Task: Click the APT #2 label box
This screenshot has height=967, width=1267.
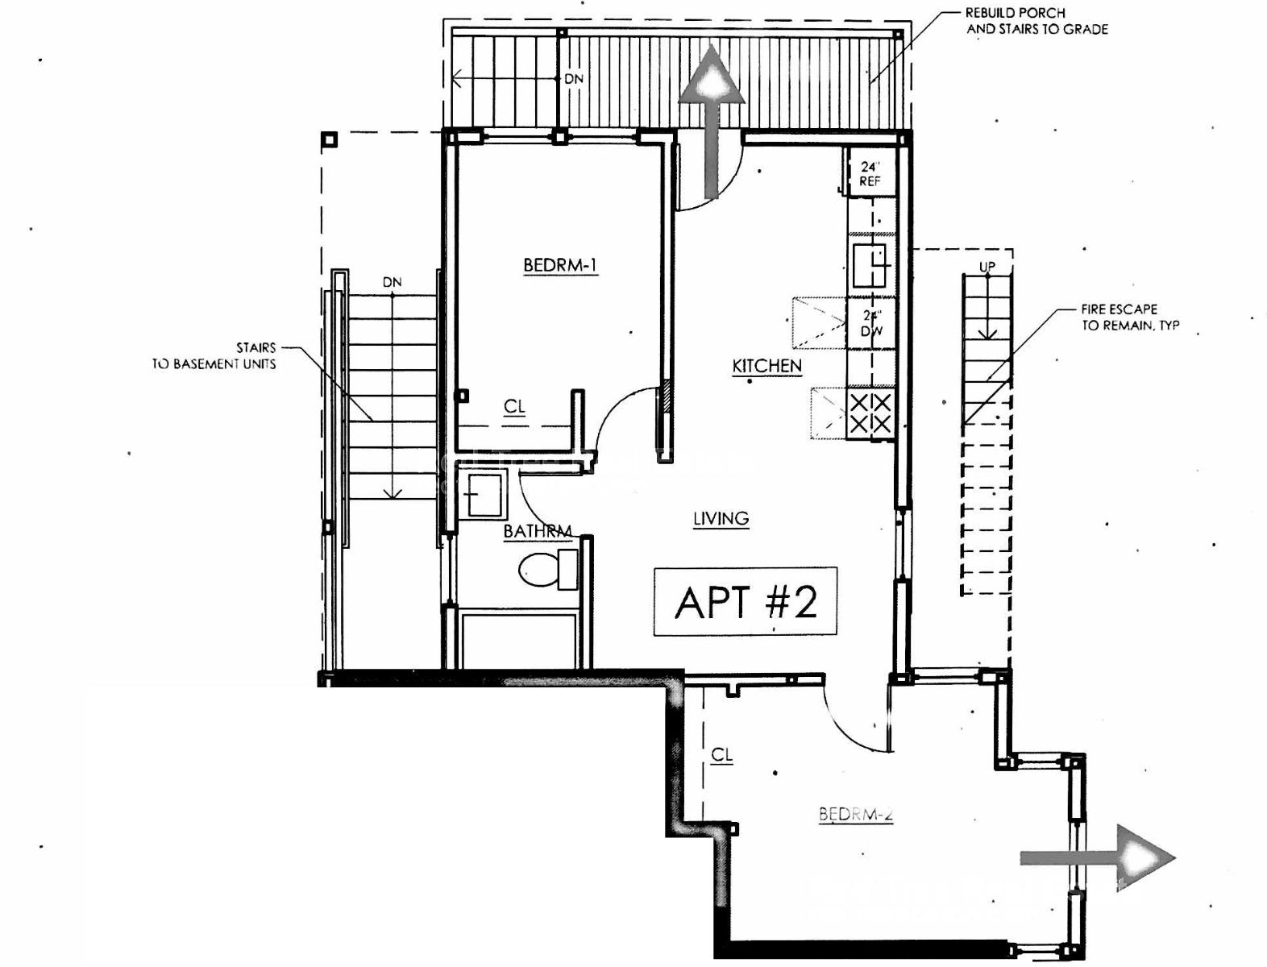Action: [745, 602]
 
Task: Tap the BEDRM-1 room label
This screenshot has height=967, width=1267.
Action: [560, 265]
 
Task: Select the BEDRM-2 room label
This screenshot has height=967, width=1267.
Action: [856, 814]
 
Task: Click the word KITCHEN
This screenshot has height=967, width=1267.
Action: [766, 366]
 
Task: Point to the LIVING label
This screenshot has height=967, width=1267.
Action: [721, 518]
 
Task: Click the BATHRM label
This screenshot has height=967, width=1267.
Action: [537, 532]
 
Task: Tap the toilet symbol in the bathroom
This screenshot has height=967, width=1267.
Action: [547, 570]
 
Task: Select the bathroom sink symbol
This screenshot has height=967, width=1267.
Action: [483, 494]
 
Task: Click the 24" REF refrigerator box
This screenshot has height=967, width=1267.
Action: [870, 173]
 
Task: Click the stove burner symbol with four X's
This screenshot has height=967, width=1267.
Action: [870, 413]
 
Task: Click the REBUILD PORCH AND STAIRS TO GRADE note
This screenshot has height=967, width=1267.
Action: [1036, 21]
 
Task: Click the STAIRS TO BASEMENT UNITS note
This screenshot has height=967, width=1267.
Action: [215, 355]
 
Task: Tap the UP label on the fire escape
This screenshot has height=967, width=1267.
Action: [987, 267]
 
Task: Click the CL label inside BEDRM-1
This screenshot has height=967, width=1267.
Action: [514, 407]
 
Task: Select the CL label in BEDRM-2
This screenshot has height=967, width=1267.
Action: [721, 755]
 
